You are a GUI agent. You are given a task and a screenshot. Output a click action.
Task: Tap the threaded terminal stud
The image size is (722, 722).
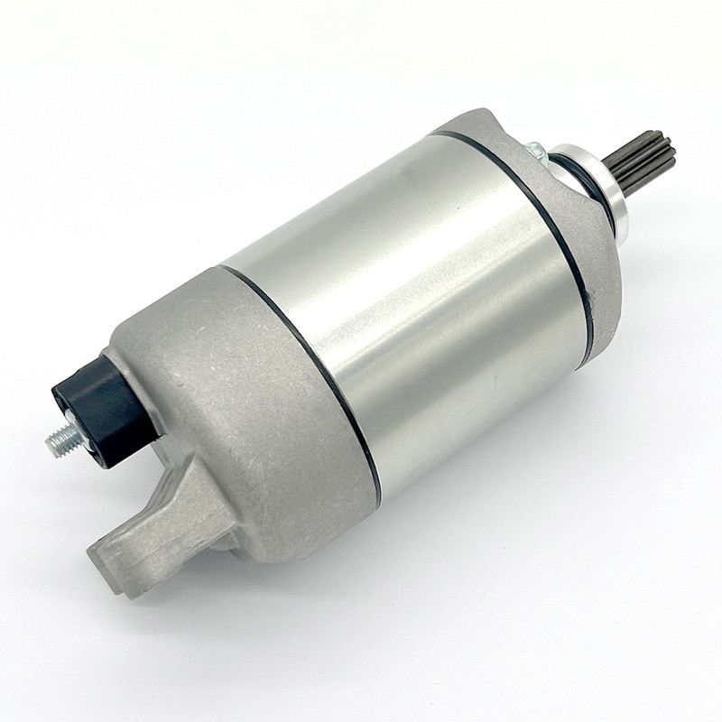(61, 440)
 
